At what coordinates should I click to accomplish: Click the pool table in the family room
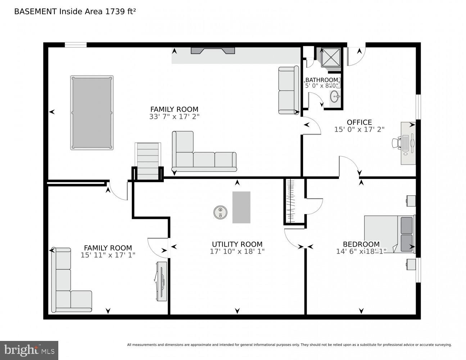click(x=92, y=113)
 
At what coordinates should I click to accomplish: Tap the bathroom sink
click(x=335, y=96)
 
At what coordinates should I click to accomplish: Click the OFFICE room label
click(x=359, y=122)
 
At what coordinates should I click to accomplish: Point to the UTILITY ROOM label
click(x=237, y=244)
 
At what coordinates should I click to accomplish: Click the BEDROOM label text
click(x=361, y=244)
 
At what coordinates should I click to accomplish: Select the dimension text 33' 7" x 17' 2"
click(x=174, y=117)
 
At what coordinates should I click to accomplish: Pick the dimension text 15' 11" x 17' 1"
click(x=108, y=255)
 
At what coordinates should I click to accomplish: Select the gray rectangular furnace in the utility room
click(x=241, y=207)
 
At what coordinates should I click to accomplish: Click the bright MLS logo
click(x=29, y=350)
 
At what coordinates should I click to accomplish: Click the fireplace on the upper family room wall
click(x=213, y=50)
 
